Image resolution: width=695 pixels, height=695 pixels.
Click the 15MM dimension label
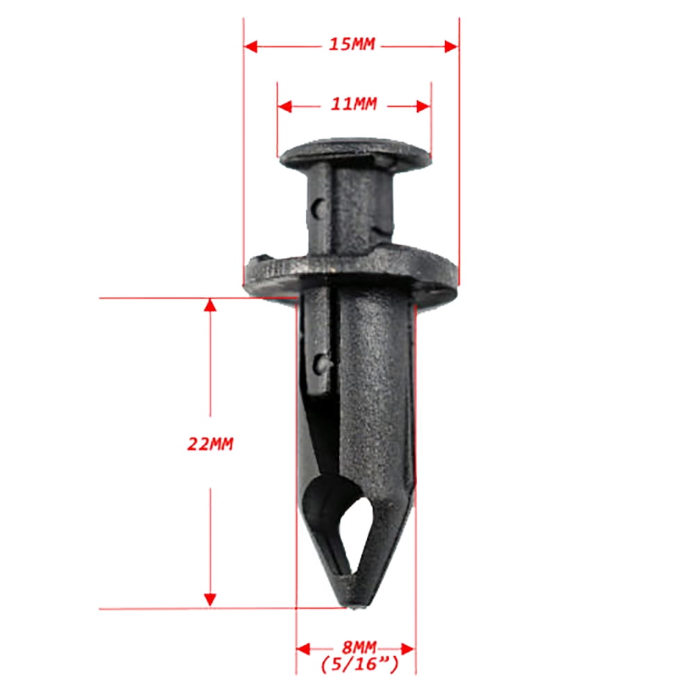[x=352, y=45]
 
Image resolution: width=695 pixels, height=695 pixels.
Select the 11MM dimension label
[x=353, y=105]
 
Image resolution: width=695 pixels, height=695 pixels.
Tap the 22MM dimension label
[x=210, y=444]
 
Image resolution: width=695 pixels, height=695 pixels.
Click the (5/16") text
[x=359, y=665]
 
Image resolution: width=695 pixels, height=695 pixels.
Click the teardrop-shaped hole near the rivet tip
[x=361, y=528]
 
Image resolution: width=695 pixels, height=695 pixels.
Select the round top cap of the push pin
[x=354, y=153]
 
